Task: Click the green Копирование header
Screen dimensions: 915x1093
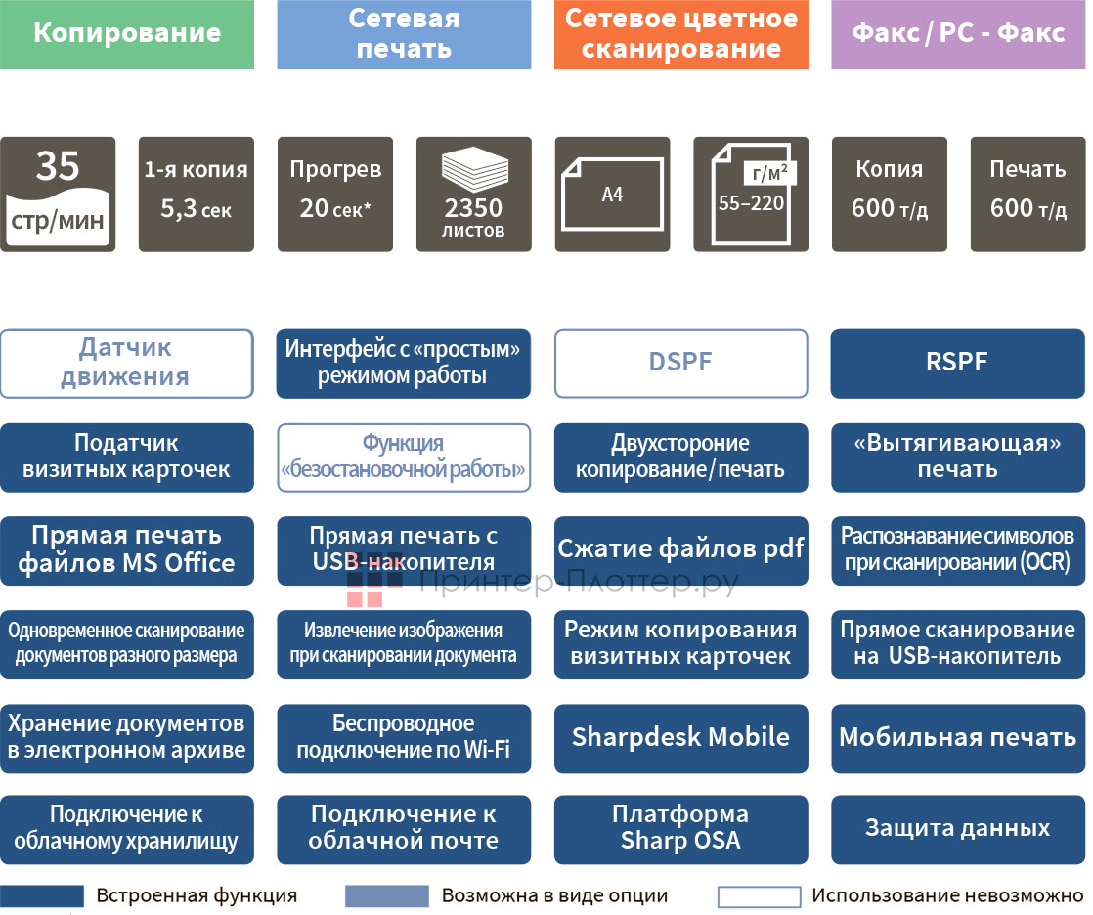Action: pyautogui.click(x=127, y=34)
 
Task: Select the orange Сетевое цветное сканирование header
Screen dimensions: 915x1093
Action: pyautogui.click(x=680, y=34)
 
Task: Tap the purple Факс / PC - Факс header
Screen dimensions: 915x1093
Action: pyautogui.click(x=958, y=34)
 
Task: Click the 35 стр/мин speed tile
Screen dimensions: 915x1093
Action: pyautogui.click(x=58, y=194)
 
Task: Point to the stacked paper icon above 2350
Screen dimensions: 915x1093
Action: pyautogui.click(x=474, y=170)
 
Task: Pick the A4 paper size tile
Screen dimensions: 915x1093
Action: pyautogui.click(x=613, y=194)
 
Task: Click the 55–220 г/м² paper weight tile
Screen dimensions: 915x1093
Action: pyautogui.click(x=751, y=194)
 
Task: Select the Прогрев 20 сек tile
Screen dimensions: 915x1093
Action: pyautogui.click(x=335, y=194)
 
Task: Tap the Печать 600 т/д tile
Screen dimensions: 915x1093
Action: pyautogui.click(x=1027, y=194)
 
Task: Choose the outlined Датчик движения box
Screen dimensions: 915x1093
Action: pyautogui.click(x=127, y=364)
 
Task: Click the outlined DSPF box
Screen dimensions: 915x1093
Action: pyautogui.click(x=680, y=364)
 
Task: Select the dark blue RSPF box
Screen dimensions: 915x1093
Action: pyautogui.click(x=958, y=364)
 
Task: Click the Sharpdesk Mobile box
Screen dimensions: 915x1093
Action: pyautogui.click(x=680, y=738)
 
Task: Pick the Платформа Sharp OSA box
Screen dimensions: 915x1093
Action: pyautogui.click(x=680, y=829)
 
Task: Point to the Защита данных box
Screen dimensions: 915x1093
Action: pyautogui.click(x=958, y=829)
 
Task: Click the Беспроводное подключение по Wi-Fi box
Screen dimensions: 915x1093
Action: pyautogui.click(x=404, y=738)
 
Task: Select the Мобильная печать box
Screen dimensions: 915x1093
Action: pyautogui.click(x=958, y=738)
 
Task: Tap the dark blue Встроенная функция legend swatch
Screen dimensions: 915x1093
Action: pyautogui.click(x=42, y=895)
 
